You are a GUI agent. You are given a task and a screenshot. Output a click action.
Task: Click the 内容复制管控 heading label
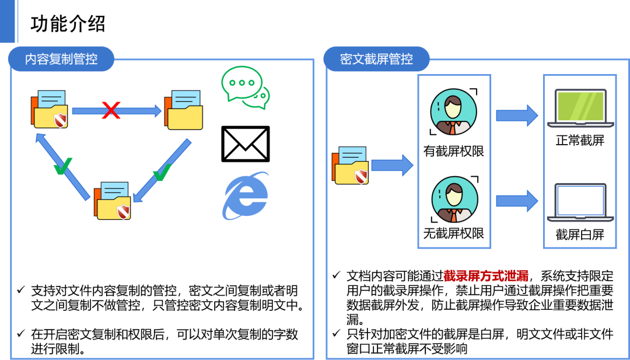(61, 59)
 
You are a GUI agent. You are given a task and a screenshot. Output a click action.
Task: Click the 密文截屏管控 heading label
(376, 59)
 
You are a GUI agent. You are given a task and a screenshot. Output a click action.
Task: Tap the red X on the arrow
(111, 110)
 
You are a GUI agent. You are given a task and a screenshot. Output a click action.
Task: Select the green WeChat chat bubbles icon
(246, 88)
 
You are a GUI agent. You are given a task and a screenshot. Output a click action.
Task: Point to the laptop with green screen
(580, 108)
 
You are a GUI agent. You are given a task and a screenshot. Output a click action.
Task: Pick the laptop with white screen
(580, 202)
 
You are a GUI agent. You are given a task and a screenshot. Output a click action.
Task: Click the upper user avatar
(453, 111)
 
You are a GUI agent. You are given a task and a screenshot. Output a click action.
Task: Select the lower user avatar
(454, 200)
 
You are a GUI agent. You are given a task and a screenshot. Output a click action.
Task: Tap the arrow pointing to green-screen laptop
(516, 116)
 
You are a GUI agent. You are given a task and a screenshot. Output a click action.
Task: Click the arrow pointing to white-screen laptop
(516, 201)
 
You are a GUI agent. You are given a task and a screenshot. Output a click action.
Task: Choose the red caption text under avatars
(486, 276)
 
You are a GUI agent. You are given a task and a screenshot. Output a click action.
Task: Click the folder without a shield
(184, 110)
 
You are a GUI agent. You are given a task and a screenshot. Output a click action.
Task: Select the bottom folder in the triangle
(113, 201)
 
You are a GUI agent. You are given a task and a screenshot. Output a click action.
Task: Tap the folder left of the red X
(50, 110)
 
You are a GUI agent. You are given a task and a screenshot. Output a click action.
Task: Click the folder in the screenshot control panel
(351, 166)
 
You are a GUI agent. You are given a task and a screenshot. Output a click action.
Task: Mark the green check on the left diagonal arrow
(62, 166)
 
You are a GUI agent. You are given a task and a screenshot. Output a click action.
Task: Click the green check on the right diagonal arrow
(162, 172)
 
